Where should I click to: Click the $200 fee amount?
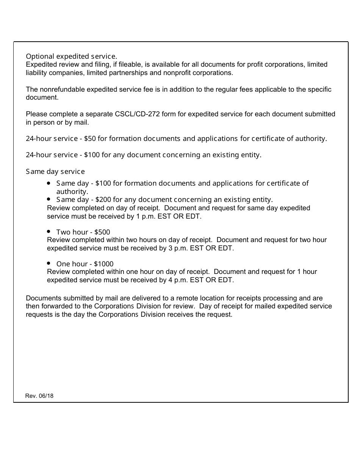click(x=103, y=200)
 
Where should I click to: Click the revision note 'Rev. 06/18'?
click(x=39, y=396)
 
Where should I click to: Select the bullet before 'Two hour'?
click(x=49, y=231)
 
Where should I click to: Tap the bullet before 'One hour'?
click(x=49, y=263)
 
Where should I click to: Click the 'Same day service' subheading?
click(x=55, y=172)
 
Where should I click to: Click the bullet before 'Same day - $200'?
click(x=49, y=199)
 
